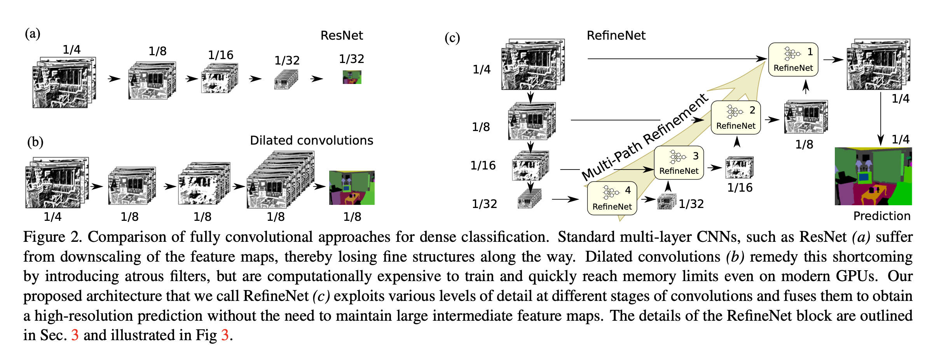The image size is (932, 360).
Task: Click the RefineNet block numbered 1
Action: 793,59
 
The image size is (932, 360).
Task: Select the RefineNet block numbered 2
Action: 736,118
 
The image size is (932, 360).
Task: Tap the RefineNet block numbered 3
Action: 679,163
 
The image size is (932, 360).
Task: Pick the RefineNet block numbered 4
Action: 612,198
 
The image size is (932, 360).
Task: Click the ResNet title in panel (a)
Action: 342,36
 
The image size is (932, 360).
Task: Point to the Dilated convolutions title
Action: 311,140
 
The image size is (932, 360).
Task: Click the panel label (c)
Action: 452,38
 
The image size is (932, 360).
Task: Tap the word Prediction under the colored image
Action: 881,216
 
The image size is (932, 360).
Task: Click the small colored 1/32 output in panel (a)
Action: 352,77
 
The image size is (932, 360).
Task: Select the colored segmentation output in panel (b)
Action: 352,188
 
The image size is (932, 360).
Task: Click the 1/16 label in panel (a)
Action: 220,55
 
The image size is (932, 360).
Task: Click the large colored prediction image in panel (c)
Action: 873,176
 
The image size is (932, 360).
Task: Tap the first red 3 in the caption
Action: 75,335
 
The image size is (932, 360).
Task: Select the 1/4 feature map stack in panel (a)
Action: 64,82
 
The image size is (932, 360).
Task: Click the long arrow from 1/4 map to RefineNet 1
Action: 676,59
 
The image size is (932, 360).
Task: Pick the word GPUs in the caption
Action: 856,276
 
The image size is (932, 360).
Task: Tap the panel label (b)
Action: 35,142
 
